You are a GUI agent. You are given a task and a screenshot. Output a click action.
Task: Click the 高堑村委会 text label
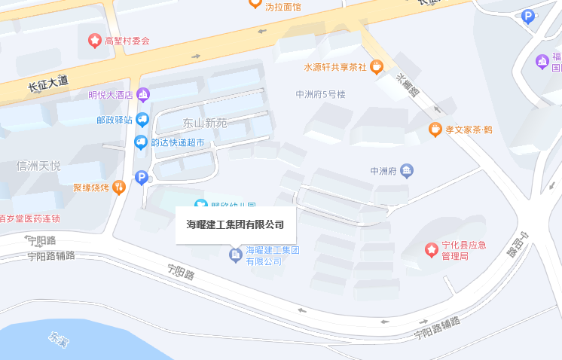coord(127,41)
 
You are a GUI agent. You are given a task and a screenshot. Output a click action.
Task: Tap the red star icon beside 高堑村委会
coord(95,40)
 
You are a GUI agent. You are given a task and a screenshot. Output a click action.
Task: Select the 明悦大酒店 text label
coord(110,95)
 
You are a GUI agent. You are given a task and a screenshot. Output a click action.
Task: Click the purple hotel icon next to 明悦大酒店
coord(143,95)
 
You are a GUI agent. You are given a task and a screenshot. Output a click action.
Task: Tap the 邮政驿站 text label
coord(115,120)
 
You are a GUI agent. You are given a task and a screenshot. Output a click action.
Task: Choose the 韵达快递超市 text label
coord(178,142)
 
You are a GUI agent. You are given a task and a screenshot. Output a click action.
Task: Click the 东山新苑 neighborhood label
coord(205,123)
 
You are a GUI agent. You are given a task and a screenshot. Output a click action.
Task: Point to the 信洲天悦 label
coord(38,166)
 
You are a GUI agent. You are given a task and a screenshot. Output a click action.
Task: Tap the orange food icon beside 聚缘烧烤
coord(118,188)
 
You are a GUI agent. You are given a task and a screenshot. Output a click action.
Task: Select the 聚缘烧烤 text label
coord(91,188)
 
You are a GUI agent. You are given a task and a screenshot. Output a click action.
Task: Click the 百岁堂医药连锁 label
coord(30,218)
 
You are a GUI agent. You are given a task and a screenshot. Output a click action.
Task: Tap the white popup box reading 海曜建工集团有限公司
coord(235,224)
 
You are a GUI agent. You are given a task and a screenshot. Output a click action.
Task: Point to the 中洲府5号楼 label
coord(320,95)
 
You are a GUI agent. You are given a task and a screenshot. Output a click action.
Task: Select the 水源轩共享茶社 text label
coord(334,67)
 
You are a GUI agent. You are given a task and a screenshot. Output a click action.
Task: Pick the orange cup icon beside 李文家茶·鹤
coord(435,130)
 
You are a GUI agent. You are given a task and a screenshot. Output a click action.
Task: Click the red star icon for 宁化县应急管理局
coord(431,249)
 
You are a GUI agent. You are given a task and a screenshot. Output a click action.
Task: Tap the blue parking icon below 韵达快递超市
coord(141,177)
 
